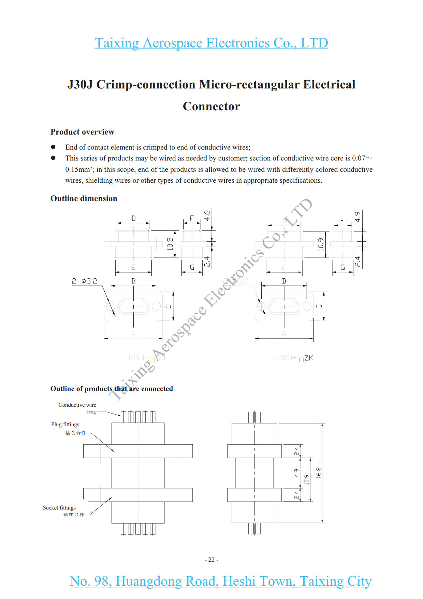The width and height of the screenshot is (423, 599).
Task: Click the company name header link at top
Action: tap(211, 43)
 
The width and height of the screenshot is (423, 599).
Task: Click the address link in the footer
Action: tap(220, 581)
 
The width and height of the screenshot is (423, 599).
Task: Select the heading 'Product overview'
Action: tap(82, 132)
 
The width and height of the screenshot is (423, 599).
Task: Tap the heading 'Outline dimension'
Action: tap(84, 198)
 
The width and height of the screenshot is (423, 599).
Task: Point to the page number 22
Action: tap(211, 560)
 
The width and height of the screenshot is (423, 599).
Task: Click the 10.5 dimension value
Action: tap(170, 244)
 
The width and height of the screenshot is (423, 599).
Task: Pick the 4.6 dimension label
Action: tap(207, 215)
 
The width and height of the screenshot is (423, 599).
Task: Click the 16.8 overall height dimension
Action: tap(318, 473)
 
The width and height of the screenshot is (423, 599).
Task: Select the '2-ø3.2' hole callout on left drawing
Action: tap(84, 281)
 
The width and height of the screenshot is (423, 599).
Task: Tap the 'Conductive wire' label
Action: tap(77, 405)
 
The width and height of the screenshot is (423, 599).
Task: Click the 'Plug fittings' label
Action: tap(65, 424)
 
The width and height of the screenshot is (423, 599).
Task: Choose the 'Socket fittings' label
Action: tap(59, 507)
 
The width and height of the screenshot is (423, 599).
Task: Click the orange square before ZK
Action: tap(301, 360)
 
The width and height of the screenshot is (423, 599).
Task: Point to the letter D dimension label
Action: tap(133, 218)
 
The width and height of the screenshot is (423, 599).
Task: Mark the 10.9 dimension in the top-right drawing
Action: tap(321, 245)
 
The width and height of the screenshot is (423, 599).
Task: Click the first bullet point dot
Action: tap(53, 147)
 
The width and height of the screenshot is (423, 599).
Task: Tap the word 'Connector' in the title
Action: tap(211, 106)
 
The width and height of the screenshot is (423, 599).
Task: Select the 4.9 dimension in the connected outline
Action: tap(296, 473)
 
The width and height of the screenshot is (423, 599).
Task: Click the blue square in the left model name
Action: tap(153, 360)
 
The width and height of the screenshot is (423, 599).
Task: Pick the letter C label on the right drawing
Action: tap(319, 306)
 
